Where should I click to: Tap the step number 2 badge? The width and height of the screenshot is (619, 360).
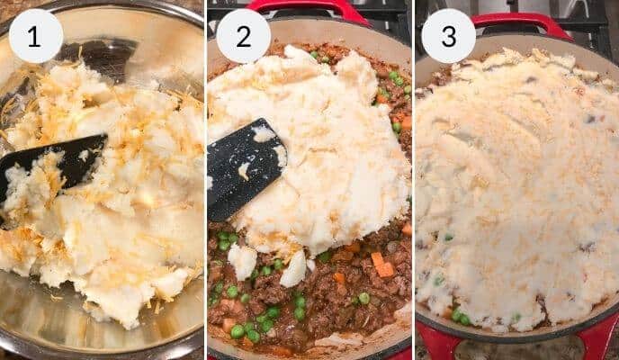(244, 36)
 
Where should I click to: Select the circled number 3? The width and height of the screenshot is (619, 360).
(448, 36)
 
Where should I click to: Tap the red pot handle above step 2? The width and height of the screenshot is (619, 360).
(310, 9)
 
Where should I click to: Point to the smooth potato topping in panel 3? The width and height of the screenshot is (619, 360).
(522, 180)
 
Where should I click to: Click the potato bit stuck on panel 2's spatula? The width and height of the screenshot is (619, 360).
(243, 170)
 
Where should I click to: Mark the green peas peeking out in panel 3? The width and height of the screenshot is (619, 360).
(459, 315)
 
